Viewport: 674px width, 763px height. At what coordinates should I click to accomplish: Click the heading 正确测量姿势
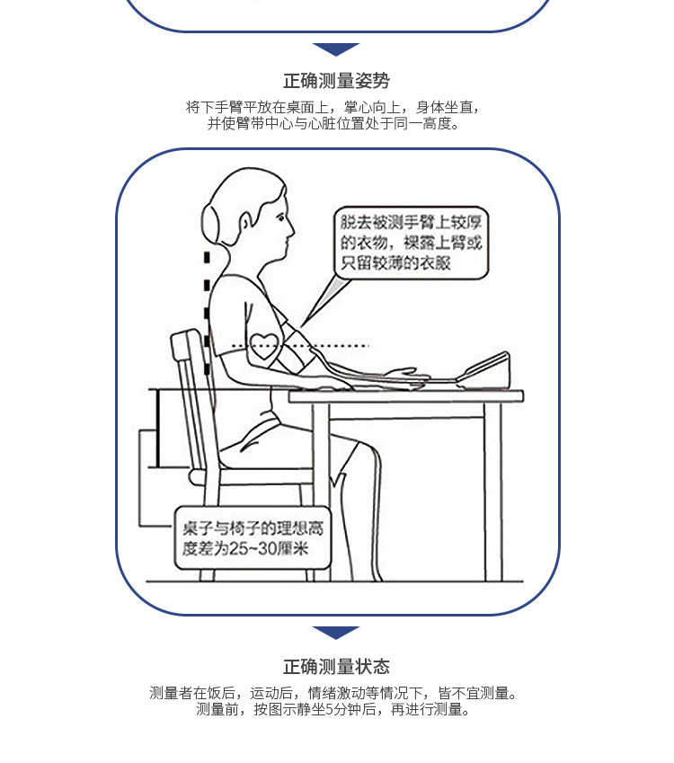(x=336, y=81)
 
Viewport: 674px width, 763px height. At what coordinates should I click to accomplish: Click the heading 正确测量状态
(x=336, y=666)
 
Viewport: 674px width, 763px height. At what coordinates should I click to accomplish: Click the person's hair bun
(x=214, y=224)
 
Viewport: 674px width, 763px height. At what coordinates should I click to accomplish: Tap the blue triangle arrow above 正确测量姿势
(x=336, y=49)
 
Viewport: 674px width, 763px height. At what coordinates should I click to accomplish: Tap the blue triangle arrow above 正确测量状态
(x=336, y=633)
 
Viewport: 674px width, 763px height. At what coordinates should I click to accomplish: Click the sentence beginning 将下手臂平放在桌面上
(x=336, y=107)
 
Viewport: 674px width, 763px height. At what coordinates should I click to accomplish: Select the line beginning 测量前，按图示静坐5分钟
(x=336, y=709)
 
